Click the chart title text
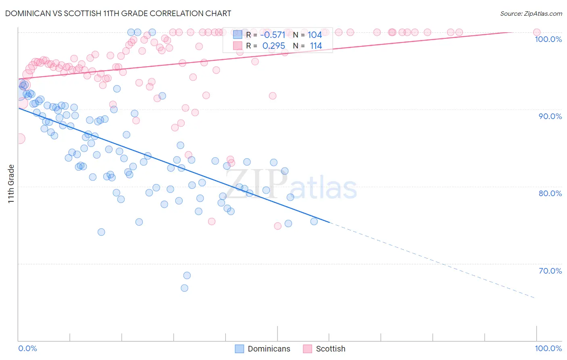(x=118, y=13)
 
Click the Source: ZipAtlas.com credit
(x=531, y=13)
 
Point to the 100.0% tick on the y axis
(x=548, y=39)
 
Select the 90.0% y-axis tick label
(x=550, y=116)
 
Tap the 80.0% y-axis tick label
(x=550, y=193)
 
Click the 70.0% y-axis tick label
(x=550, y=271)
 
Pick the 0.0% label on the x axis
(x=28, y=348)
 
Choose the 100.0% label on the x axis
(x=548, y=348)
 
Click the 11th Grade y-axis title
(x=11, y=184)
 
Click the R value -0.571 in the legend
(x=273, y=35)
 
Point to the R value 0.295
(x=273, y=46)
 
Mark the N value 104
(x=315, y=35)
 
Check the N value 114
(x=315, y=46)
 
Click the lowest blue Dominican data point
(x=184, y=288)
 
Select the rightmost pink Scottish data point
(x=536, y=32)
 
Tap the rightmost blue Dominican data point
(x=314, y=221)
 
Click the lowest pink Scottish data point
(x=277, y=226)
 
